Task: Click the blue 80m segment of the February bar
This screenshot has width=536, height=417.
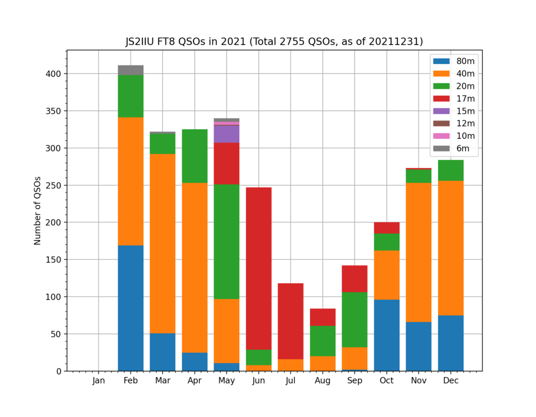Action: [131, 308]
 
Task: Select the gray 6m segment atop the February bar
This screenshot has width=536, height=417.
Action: [131, 70]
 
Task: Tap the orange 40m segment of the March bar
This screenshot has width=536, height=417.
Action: [163, 244]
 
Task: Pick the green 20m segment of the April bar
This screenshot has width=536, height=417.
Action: [195, 156]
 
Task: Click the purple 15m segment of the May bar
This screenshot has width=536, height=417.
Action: [227, 134]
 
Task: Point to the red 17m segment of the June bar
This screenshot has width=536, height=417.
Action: [259, 268]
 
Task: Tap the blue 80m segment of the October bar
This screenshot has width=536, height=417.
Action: [387, 335]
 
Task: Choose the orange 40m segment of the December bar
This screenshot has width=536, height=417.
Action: [451, 248]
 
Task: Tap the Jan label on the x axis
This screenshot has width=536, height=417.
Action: [99, 381]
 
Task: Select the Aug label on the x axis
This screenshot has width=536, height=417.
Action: [322, 381]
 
